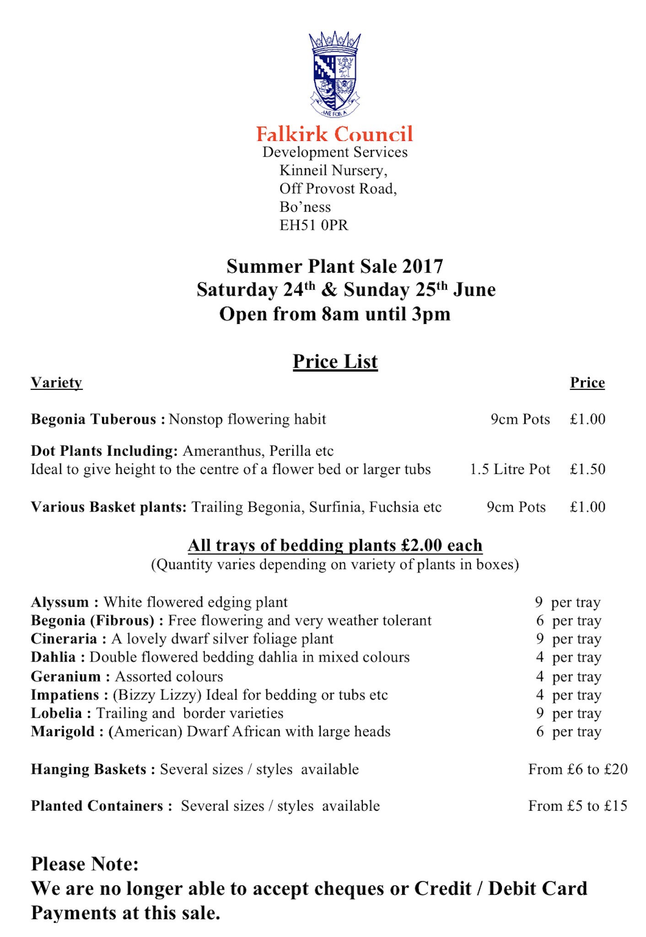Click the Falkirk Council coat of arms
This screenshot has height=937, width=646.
coord(334,74)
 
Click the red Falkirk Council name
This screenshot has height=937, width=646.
coord(334,134)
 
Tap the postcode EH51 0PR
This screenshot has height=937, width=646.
coord(314,225)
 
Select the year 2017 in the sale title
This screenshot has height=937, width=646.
coord(422,266)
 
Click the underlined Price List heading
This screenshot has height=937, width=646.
coord(335,361)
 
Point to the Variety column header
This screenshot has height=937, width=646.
coord(56,382)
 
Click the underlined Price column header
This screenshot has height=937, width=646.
coord(587,382)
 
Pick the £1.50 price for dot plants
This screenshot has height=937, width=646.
coord(587,469)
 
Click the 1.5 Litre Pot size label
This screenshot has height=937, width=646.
coord(510,469)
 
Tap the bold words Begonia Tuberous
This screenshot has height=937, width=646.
coord(93,419)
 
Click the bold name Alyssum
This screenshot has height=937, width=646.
coord(60,602)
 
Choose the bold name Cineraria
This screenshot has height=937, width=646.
coord(64,639)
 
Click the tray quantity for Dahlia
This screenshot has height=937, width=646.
coord(540,657)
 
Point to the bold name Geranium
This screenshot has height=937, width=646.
coord(65,676)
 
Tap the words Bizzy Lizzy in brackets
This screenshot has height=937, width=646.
coord(157,695)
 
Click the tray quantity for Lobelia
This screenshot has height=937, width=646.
coord(540,713)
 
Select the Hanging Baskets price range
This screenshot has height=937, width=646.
coord(577,769)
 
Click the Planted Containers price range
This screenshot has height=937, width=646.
coord(577,806)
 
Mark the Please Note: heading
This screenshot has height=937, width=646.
coord(85,864)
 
